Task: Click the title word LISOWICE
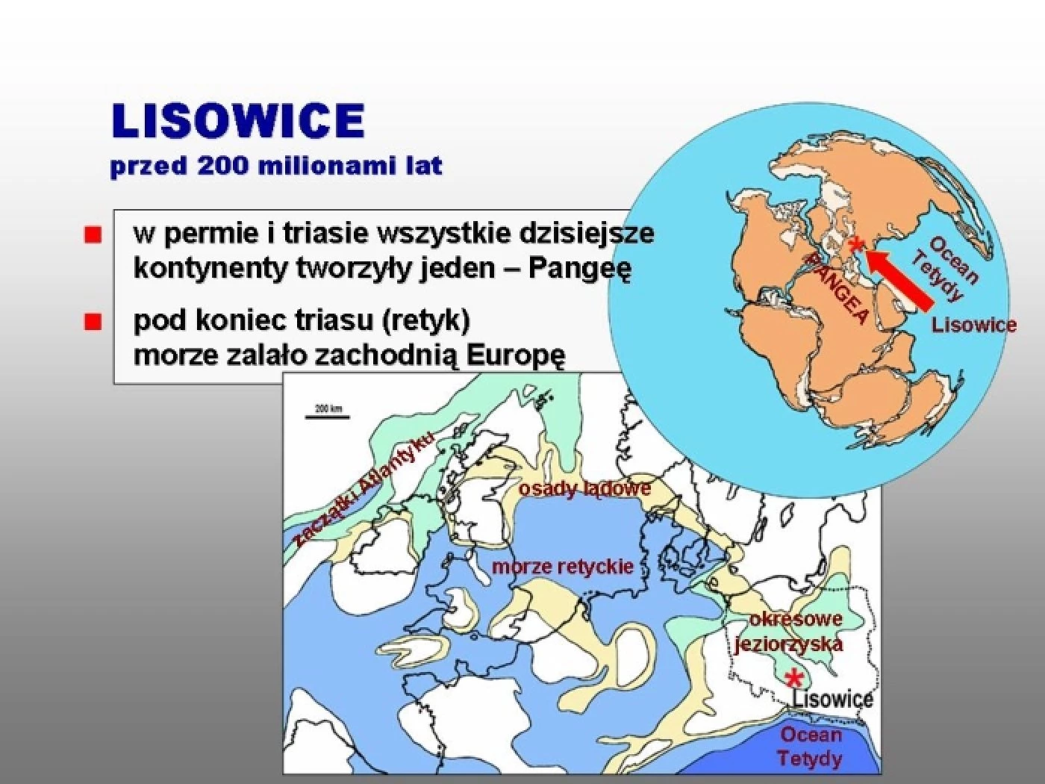coord(238,121)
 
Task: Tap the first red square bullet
coord(93,234)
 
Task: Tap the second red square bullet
coord(93,322)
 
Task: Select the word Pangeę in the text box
coord(579,270)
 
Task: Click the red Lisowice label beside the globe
coord(974,326)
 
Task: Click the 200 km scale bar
coord(328,417)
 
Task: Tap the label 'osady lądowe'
coord(585,489)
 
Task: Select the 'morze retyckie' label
coord(563,567)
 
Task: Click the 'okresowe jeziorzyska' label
coord(790,632)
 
